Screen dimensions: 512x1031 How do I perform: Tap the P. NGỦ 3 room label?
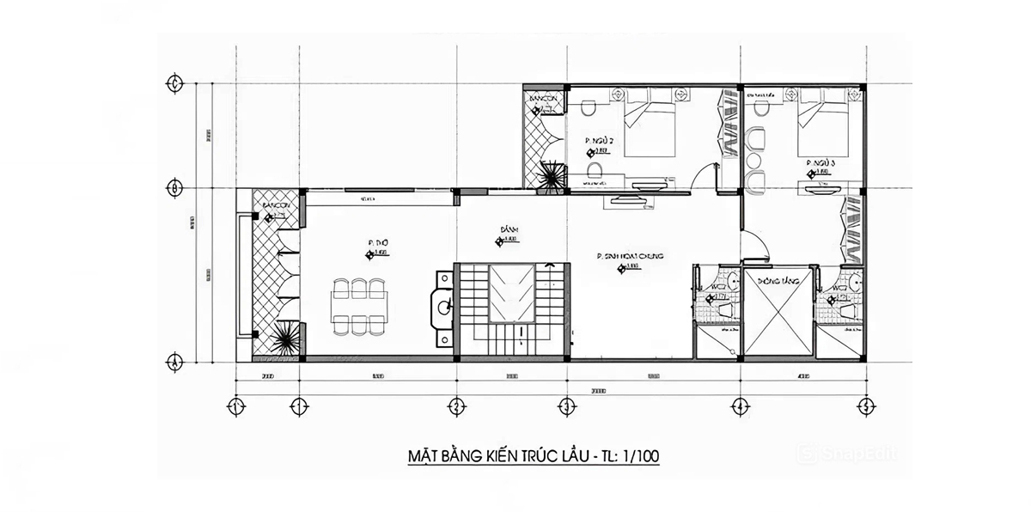821,162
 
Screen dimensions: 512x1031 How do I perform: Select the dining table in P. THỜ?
361,306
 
